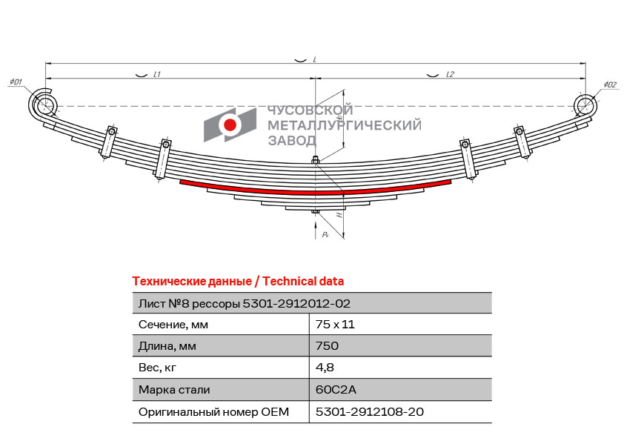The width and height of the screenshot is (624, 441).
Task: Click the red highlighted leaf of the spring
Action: [x=315, y=190]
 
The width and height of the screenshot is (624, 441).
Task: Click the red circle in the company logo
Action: [x=230, y=125]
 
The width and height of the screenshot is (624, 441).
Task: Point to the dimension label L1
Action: [x=157, y=74]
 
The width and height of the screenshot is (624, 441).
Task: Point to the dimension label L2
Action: [x=450, y=74]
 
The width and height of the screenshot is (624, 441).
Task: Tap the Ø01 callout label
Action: [x=16, y=82]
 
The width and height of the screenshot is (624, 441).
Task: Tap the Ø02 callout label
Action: [x=609, y=85]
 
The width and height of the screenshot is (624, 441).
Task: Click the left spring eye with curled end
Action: [x=43, y=102]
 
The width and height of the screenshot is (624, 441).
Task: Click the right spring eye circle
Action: [x=585, y=103]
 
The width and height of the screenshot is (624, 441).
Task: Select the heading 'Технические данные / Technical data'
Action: [x=238, y=281]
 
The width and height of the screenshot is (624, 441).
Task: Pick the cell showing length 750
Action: [x=327, y=345]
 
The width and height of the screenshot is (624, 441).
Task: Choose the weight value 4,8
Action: [x=325, y=367]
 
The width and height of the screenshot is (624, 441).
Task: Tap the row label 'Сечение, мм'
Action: [x=173, y=324]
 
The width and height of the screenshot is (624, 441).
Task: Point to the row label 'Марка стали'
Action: [x=174, y=389]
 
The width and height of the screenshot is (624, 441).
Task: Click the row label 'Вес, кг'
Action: [x=158, y=367]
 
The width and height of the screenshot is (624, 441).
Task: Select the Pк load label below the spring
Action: [x=325, y=233]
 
